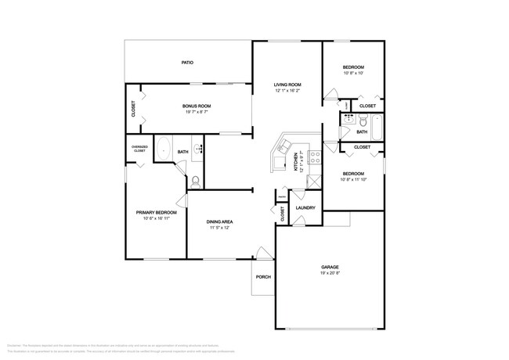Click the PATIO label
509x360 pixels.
pos(187,62)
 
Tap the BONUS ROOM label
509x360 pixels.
pos(197,106)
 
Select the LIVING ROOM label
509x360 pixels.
pos(287,85)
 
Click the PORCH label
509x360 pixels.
pos(262,276)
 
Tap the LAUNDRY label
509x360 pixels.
pos(305,207)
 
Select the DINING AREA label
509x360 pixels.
pos(219,222)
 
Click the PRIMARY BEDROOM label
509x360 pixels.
pos(157,212)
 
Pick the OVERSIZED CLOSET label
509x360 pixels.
pos(139,149)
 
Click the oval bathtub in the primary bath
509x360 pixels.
pos(164,148)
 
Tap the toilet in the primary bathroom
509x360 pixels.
pos(196,180)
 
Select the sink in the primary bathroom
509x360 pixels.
pos(199,148)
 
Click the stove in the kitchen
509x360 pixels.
pos(315,157)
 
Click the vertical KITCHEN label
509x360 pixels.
pos(295,162)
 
